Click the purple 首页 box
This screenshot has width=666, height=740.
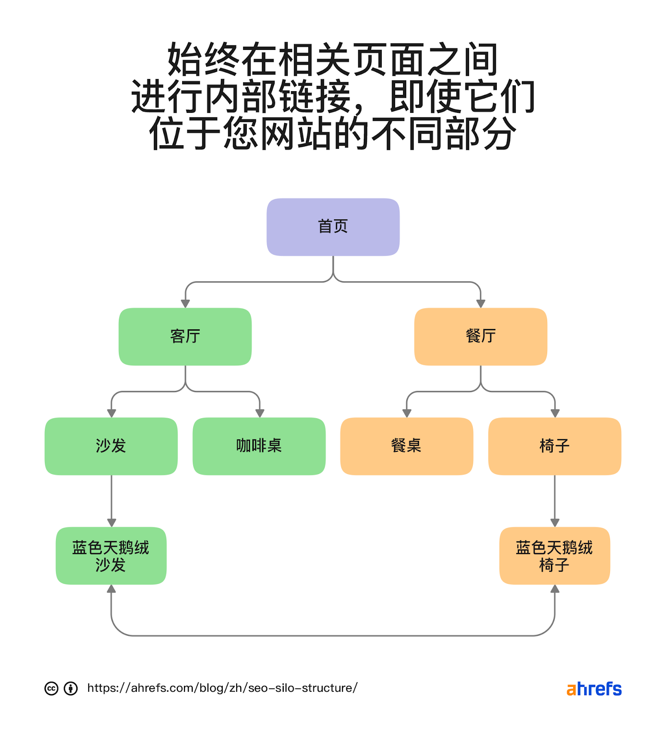click(333, 227)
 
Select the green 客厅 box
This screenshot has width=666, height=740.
click(185, 336)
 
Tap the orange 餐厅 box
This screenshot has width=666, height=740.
click(481, 336)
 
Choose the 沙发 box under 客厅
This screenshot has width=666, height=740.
click(111, 446)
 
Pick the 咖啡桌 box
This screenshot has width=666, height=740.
click(259, 446)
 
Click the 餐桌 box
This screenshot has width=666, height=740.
click(407, 446)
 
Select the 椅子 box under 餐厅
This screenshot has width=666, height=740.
click(555, 446)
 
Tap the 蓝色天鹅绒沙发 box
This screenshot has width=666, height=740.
click(111, 555)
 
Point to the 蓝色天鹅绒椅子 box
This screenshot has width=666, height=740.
click(555, 555)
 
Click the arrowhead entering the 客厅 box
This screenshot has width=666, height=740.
click(185, 303)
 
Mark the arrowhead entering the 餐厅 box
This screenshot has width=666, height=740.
click(481, 303)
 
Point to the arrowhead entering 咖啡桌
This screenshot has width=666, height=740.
click(260, 413)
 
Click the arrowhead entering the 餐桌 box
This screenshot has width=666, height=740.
click(407, 413)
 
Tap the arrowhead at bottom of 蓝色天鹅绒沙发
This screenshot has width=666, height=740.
click(111, 589)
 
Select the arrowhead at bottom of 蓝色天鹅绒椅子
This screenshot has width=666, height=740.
click(555, 589)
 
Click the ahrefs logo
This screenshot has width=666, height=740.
click(594, 689)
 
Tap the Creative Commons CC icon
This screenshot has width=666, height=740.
click(51, 688)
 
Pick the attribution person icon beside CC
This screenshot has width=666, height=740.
click(71, 688)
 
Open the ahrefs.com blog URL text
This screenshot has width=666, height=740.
click(222, 688)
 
